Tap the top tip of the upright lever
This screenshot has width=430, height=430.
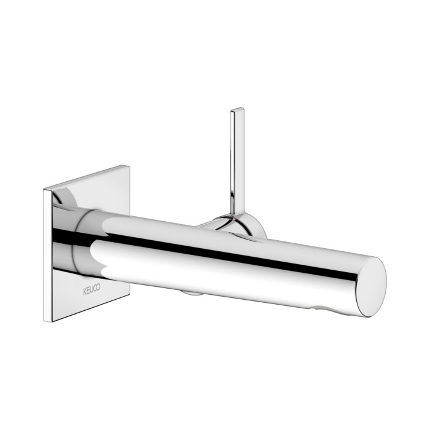click(x=236, y=111)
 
